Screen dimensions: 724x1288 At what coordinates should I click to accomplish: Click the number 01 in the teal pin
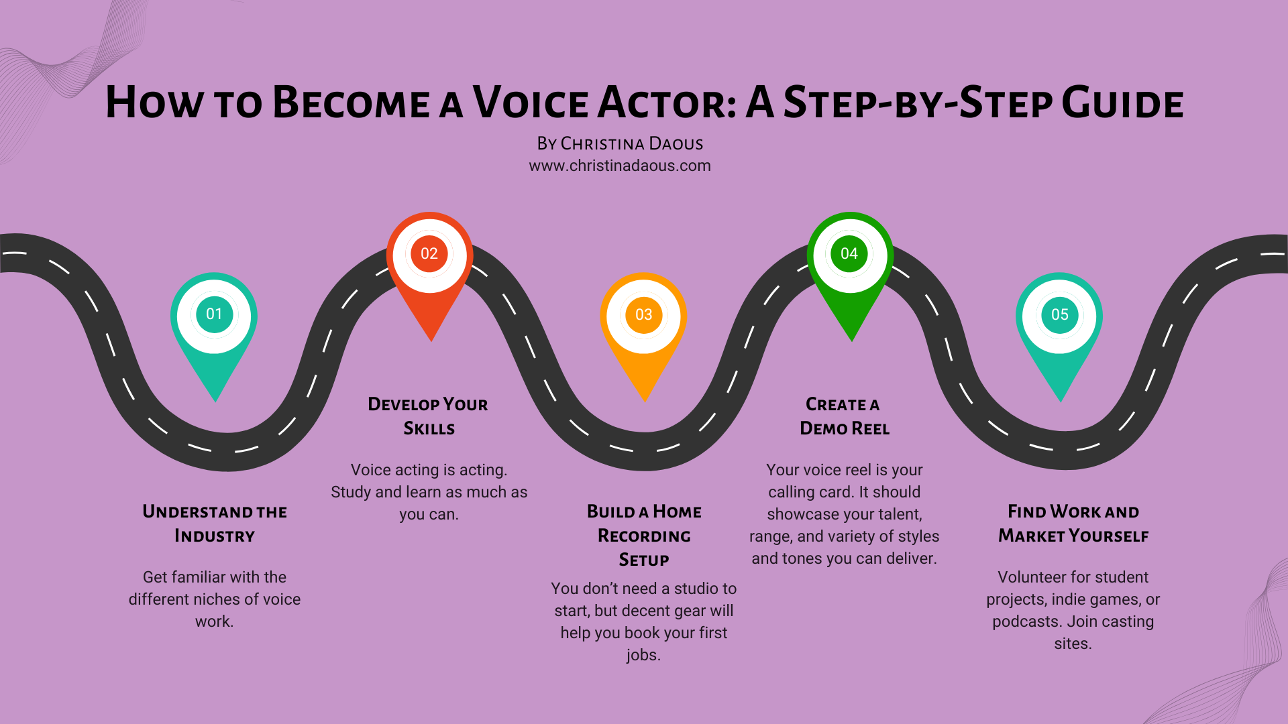pyautogui.click(x=214, y=314)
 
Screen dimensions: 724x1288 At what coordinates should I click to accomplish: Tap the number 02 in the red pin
pyautogui.click(x=429, y=253)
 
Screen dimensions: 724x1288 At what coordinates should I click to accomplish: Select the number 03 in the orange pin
pyautogui.click(x=643, y=314)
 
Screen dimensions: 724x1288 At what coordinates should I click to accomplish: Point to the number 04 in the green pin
pyautogui.click(x=849, y=253)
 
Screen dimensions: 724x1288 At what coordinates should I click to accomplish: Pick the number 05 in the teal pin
pyautogui.click(x=1060, y=314)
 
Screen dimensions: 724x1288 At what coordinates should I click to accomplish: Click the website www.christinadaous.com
pyautogui.click(x=620, y=166)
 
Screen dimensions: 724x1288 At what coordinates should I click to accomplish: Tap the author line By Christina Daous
pyautogui.click(x=620, y=143)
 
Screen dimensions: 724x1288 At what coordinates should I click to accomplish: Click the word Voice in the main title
pyautogui.click(x=531, y=103)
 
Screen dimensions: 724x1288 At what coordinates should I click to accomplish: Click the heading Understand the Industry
pyautogui.click(x=215, y=524)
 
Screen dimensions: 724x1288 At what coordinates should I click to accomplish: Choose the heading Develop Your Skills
pyautogui.click(x=429, y=416)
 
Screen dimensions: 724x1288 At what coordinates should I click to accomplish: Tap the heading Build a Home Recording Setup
pyautogui.click(x=644, y=536)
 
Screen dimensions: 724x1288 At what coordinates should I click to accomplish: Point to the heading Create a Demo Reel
pyautogui.click(x=844, y=416)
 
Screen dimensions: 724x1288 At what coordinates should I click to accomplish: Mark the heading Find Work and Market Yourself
pyautogui.click(x=1073, y=524)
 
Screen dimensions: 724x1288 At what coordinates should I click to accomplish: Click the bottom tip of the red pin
pyautogui.click(x=431, y=340)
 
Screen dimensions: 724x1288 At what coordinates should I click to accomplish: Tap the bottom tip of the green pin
pyautogui.click(x=851, y=340)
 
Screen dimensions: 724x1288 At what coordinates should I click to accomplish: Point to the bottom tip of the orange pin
pyautogui.click(x=644, y=400)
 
